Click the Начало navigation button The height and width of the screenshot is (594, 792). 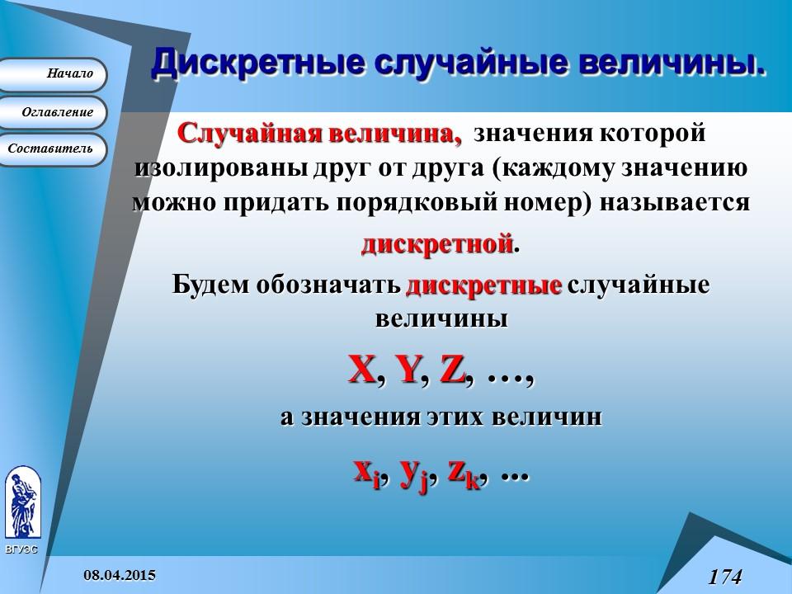point(54,74)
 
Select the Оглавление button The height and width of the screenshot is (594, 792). point(54,112)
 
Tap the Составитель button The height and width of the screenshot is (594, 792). point(54,149)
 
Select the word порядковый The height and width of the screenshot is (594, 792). point(408,203)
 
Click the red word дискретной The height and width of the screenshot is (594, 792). point(437,245)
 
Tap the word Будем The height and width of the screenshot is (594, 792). point(210,285)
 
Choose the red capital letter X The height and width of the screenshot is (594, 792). point(361,370)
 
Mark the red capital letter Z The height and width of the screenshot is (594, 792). point(453,371)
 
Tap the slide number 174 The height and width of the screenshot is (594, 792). point(724,576)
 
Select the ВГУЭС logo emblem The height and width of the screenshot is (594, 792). point(21,503)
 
